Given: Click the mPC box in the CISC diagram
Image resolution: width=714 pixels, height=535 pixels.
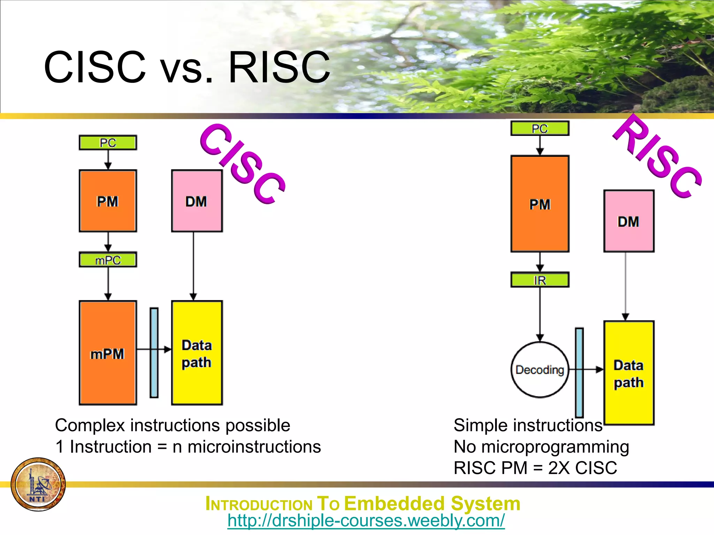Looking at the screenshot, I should [x=108, y=260].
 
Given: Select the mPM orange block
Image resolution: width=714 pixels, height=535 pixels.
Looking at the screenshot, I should [x=108, y=352].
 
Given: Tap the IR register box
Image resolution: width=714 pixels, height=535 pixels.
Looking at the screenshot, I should [x=540, y=280].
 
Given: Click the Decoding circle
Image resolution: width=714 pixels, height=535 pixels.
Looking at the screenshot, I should [x=540, y=370].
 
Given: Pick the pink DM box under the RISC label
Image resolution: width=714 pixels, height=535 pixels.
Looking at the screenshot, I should [x=629, y=221].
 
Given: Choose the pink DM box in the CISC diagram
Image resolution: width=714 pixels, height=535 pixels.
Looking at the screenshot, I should [x=197, y=201].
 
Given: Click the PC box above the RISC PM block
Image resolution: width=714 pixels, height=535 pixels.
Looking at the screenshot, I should [x=540, y=129].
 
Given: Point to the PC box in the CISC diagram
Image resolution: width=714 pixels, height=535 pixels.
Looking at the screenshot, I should [x=108, y=143].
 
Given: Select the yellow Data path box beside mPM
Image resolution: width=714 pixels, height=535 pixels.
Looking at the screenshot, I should [x=197, y=352].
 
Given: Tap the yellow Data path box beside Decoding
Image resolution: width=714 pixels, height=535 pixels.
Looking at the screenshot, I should [x=629, y=373].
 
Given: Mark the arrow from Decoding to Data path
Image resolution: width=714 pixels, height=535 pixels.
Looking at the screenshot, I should [x=593, y=370].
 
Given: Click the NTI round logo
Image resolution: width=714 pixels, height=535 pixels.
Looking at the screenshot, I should [x=38, y=484].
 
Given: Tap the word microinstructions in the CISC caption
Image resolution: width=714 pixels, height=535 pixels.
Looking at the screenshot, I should [x=254, y=447].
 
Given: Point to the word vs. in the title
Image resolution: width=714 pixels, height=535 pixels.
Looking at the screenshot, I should [x=187, y=68].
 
